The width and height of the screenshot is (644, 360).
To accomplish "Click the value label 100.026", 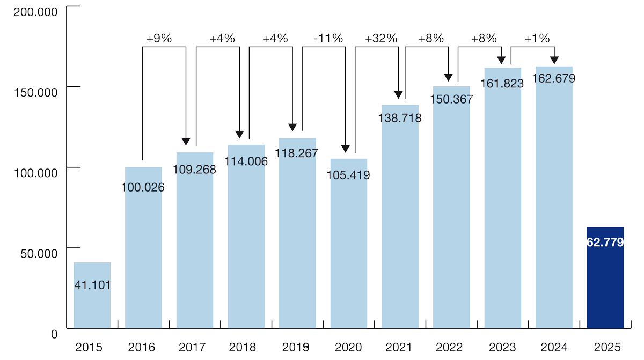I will click(x=144, y=187).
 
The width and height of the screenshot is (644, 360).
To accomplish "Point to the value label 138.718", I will click(x=400, y=119).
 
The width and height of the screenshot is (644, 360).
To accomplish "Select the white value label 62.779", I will click(x=605, y=243).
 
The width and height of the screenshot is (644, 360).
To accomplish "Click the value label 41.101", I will click(x=92, y=285).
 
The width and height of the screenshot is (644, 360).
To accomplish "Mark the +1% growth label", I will click(x=537, y=39).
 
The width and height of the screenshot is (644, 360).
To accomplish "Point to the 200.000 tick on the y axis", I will click(x=34, y=11).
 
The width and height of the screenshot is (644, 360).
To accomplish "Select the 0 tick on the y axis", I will click(x=54, y=333).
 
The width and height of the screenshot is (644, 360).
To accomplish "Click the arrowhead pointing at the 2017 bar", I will click(x=186, y=142).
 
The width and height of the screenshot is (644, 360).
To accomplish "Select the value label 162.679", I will click(x=554, y=78).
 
